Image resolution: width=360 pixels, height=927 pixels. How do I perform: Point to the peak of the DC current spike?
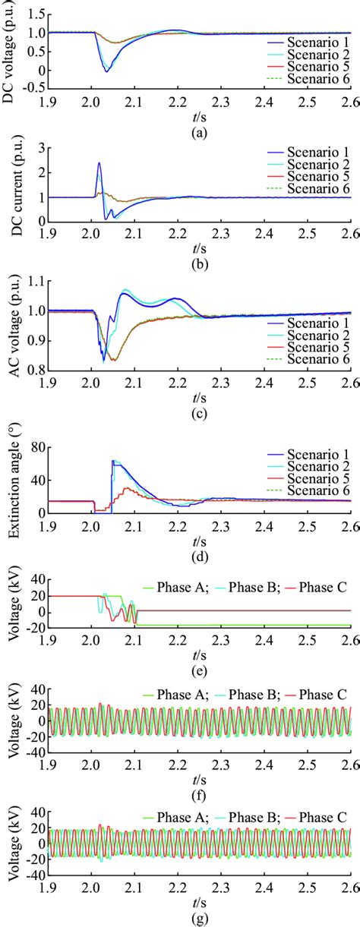pos(99,162)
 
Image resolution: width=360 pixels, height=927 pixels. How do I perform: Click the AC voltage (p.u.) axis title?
pos(11,326)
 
